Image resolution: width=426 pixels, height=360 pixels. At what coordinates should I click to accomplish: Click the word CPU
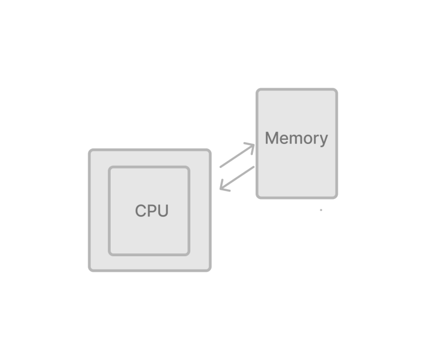pos(151,211)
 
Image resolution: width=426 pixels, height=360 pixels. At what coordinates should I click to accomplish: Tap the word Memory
pos(296,139)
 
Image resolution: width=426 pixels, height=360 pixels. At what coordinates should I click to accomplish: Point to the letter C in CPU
pos(140,211)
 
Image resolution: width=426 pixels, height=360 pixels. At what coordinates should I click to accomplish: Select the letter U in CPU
pos(163,211)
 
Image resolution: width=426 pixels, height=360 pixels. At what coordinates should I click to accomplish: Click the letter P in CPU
pos(151,211)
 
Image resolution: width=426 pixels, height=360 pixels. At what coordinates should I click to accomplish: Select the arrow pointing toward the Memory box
pos(237,155)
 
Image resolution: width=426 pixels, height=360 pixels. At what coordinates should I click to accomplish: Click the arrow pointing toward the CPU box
pos(237,179)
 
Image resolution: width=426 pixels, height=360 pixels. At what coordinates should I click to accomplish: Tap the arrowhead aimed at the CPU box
pos(224,187)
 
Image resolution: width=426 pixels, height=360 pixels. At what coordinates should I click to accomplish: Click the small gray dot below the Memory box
pos(321,210)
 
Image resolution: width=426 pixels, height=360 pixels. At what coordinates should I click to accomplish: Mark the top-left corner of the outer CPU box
pos(89,150)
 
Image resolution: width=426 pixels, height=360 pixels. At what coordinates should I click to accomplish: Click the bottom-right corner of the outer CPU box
pos(210,271)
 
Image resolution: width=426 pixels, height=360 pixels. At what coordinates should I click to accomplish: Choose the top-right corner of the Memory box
pos(337,89)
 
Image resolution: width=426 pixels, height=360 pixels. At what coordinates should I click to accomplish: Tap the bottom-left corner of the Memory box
pos(257,198)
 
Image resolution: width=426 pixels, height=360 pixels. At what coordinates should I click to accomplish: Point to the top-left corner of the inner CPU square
pos(110,167)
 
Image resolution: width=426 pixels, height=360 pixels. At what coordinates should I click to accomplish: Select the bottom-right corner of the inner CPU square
pos(189,255)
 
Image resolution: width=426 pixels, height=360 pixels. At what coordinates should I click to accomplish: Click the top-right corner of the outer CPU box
pos(210,150)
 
